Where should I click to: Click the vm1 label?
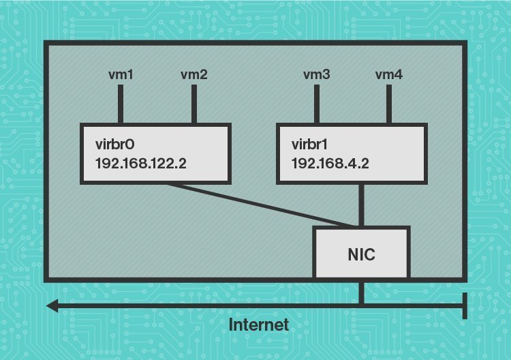coord(121,74)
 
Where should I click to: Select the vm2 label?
coord(194,74)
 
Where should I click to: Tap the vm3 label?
coord(315,74)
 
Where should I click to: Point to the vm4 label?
coord(389,74)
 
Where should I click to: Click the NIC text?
coord(361,254)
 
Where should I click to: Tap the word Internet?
coord(258,325)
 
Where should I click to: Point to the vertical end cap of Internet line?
coord(465,305)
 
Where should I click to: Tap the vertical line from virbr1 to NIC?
coord(361,205)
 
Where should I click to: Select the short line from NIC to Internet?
coord(361,292)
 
